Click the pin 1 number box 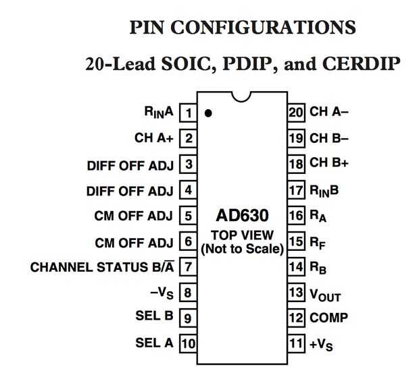click(189, 113)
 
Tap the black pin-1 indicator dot click(208, 113)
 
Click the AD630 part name click(242, 216)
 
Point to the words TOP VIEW click(242, 235)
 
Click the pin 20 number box click(295, 112)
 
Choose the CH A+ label click(155, 138)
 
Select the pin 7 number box click(189, 266)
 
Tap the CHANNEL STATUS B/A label click(103, 267)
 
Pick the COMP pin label click(328, 318)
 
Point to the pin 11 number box click(295, 343)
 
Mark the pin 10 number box click(189, 343)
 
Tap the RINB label click(323, 190)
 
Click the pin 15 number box click(295, 241)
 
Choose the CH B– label click(329, 138)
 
